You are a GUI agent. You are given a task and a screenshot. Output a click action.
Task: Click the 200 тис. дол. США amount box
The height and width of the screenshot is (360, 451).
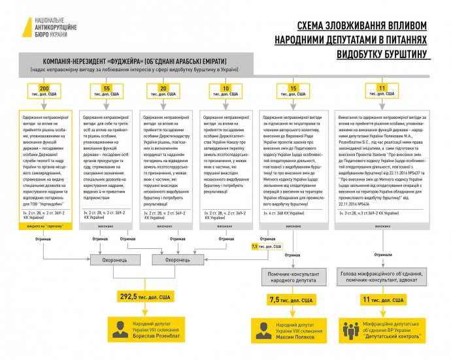pyautogui.click(x=44, y=91)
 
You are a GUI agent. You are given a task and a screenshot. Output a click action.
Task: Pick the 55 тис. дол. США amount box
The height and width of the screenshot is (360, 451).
pyautogui.click(x=106, y=91)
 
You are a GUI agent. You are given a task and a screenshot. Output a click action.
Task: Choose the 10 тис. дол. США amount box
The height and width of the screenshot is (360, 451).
pyautogui.click(x=225, y=91)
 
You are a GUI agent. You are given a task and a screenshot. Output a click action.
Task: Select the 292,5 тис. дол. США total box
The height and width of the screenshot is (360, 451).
pyautogui.click(x=143, y=296)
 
